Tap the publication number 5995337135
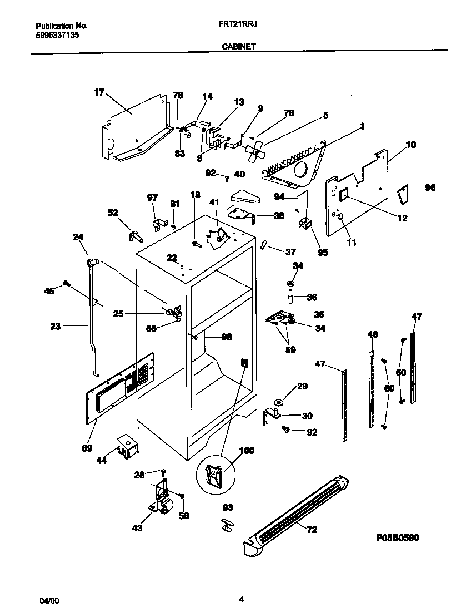57,34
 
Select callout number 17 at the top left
99,92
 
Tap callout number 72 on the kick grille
312,530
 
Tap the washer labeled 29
278,402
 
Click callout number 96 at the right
430,188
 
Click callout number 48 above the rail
373,334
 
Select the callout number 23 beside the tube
55,327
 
